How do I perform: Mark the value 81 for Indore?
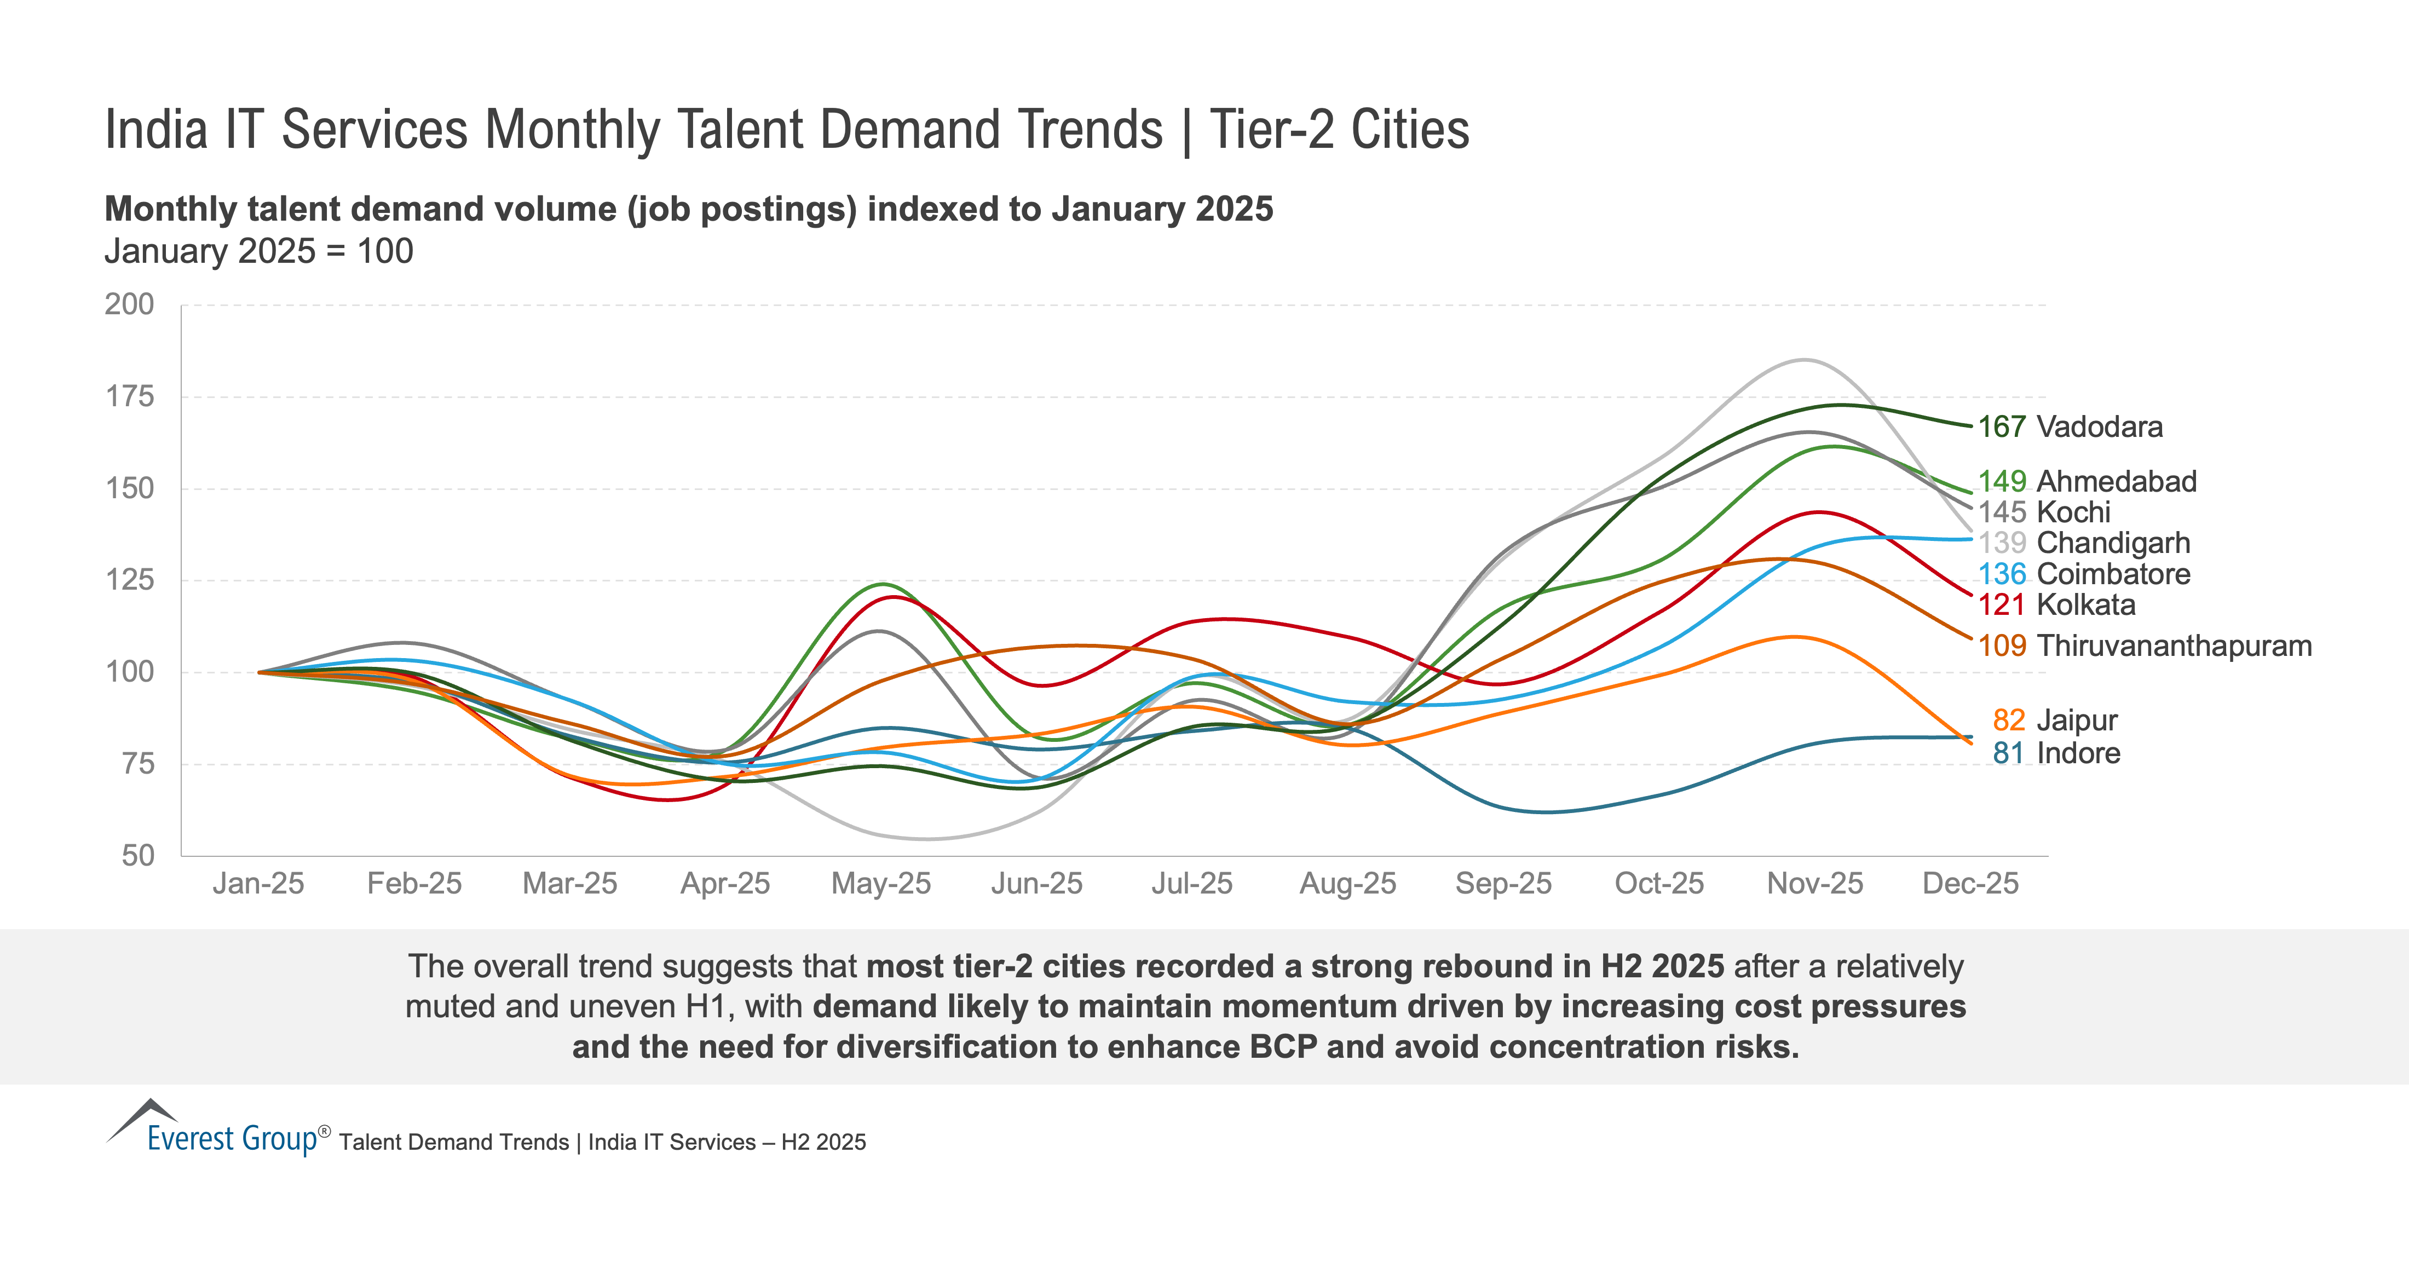[x=2008, y=753]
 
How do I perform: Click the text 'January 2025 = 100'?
[x=259, y=252]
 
